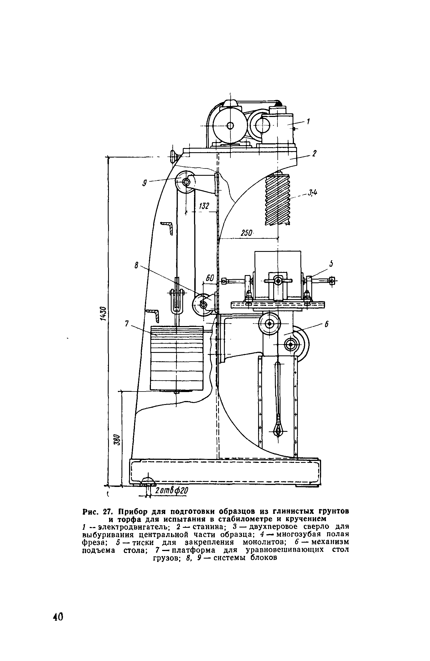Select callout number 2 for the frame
pyautogui.click(x=314, y=154)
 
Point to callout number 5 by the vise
pyautogui.click(x=331, y=264)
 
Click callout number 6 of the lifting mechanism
pyautogui.click(x=326, y=324)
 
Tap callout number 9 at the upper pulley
pyautogui.click(x=145, y=183)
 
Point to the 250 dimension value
pyautogui.click(x=247, y=233)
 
